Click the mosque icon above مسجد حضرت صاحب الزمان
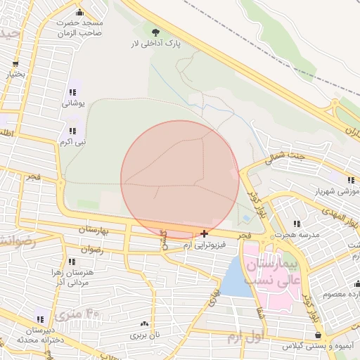pyautogui.click(x=79, y=12)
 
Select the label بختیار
pyautogui.click(x=15, y=73)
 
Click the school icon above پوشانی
pyautogui.click(x=72, y=92)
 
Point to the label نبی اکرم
pyautogui.click(x=72, y=142)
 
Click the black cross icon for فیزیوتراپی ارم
pyautogui.click(x=204, y=233)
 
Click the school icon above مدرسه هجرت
pyautogui.click(x=295, y=224)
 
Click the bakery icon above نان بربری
pyautogui.click(x=145, y=323)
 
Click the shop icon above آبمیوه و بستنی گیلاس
pyautogui.click(x=321, y=336)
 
